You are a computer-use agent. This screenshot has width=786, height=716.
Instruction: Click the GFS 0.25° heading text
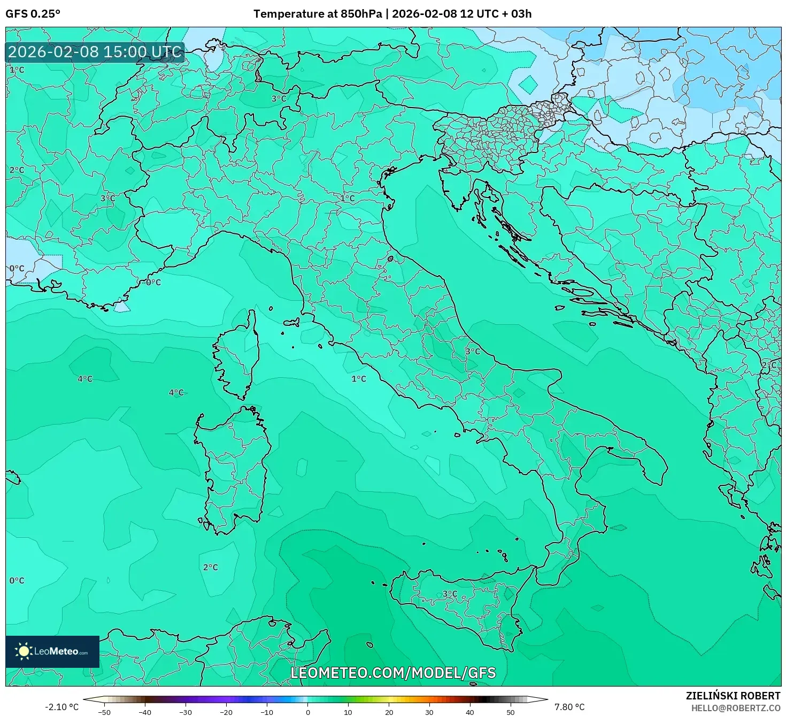33,14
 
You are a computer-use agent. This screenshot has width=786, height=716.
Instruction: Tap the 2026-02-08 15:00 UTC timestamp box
95,52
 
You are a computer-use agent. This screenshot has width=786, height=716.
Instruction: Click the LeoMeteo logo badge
52,651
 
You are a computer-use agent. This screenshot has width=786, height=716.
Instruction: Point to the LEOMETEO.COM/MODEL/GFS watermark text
393,673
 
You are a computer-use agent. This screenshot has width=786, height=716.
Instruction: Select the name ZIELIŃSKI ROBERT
733,696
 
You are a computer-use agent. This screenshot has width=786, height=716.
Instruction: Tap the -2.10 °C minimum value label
61,707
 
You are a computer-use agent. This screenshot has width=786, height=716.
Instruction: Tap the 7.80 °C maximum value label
569,707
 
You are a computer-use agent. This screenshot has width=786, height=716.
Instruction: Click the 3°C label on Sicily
450,594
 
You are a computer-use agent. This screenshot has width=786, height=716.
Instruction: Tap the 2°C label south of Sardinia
210,567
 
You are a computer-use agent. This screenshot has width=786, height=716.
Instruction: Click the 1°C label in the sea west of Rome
358,379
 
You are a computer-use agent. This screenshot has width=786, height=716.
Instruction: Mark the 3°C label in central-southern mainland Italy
473,352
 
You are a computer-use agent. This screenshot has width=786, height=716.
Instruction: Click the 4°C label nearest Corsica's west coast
176,393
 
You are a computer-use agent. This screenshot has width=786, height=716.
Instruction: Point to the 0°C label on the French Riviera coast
153,282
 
